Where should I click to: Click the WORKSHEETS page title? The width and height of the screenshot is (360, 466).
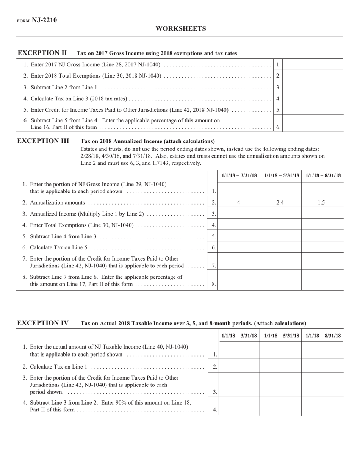tap(180, 29)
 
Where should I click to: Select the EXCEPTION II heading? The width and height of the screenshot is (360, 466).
tap(42, 53)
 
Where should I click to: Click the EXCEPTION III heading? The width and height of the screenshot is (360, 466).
tap(43, 141)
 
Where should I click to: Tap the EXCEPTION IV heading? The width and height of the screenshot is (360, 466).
tap(43, 323)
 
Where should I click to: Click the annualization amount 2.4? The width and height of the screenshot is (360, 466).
tap(280, 203)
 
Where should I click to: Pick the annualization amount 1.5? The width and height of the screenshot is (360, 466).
tap(321, 203)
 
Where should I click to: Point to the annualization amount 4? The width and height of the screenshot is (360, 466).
tap(239, 203)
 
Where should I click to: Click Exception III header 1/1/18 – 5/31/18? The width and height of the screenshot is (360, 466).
tap(281, 175)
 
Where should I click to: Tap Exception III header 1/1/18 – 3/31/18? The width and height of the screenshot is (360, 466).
tap(239, 175)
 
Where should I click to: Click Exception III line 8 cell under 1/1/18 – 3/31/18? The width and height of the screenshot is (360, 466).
tap(239, 280)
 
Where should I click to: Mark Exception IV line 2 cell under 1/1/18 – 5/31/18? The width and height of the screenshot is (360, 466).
tap(281, 365)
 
